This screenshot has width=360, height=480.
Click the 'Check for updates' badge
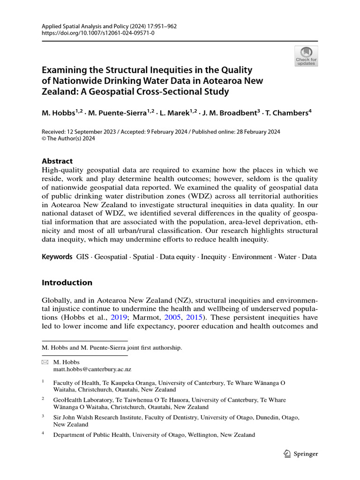(x=306, y=56)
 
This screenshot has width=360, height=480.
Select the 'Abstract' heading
(x=57, y=161)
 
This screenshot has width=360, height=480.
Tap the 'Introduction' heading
(x=67, y=283)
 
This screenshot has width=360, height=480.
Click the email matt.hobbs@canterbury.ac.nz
(x=92, y=369)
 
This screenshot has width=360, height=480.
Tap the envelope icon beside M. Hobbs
(x=45, y=362)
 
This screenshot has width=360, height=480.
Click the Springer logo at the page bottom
(x=301, y=454)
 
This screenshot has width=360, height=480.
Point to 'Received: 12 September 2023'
(x=79, y=132)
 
